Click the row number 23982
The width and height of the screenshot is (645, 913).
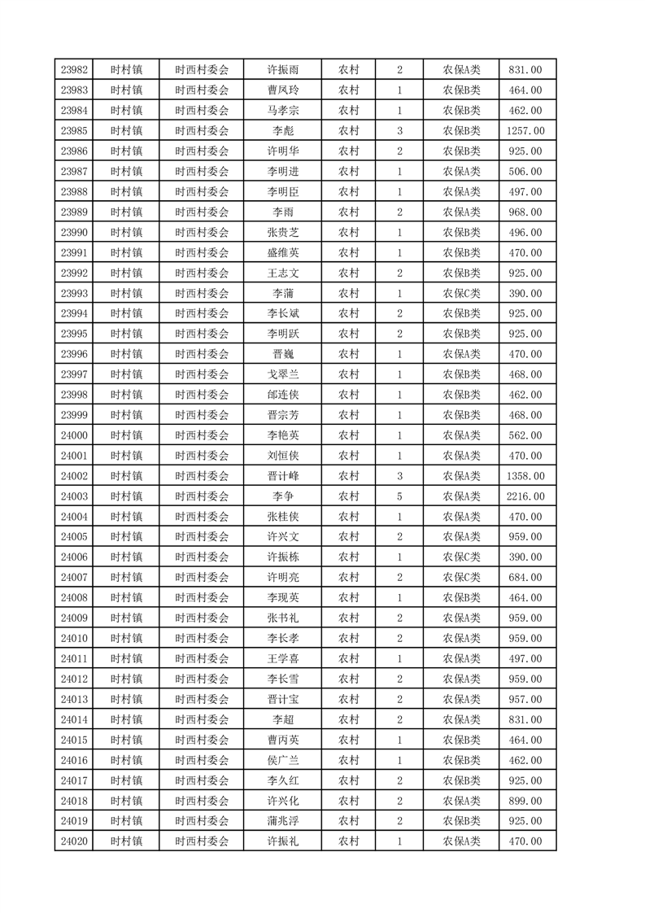click(74, 70)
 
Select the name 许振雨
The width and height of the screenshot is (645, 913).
click(283, 70)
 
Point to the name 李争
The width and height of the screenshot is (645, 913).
click(283, 496)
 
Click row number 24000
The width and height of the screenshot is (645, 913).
click(74, 435)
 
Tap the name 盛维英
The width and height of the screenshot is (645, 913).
click(283, 253)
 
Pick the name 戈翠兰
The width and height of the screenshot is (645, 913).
click(283, 374)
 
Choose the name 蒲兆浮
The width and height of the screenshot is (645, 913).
click(283, 821)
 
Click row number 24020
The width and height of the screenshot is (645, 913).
click(74, 841)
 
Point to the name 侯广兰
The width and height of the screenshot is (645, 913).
click(283, 760)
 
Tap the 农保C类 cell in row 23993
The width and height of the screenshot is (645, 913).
click(461, 294)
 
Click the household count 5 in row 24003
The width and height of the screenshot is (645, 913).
click(399, 496)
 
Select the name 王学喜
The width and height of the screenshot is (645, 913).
click(283, 658)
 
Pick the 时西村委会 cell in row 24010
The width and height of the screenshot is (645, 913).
click(202, 638)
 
